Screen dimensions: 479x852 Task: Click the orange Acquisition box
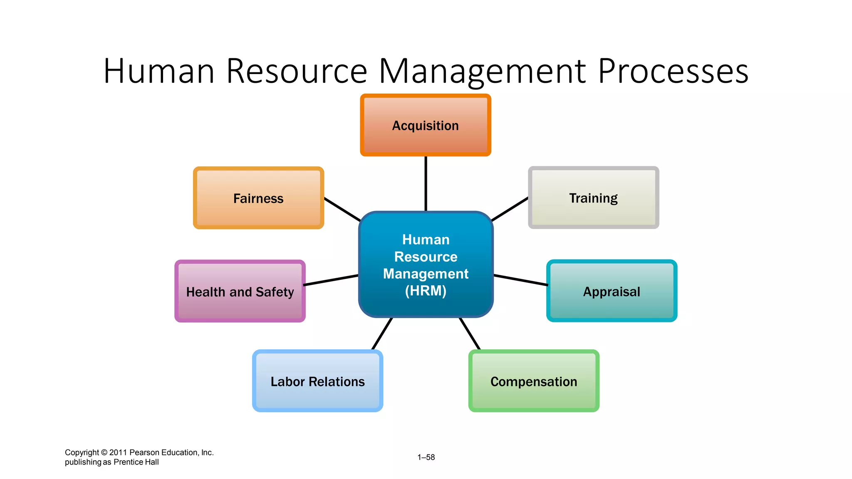425,125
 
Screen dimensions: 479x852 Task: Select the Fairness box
258,198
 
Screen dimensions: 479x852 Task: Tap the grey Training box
593,198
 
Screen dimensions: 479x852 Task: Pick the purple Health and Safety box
240,291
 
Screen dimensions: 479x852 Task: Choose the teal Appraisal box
612,291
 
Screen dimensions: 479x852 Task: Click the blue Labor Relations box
317,381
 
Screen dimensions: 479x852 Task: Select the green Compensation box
534,381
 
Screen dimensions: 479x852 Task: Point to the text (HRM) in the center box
426,291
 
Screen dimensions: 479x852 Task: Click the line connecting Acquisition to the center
426,183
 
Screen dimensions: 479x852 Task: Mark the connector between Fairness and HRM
342,209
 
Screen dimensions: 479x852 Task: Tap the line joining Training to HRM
510,209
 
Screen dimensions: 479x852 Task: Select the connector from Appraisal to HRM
520,280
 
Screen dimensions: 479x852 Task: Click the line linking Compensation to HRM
470,334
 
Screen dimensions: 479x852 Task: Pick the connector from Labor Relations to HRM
382,334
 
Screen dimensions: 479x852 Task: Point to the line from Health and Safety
331,280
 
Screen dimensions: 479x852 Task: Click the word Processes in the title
673,71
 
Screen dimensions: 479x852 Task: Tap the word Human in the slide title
159,71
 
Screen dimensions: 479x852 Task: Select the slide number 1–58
426,457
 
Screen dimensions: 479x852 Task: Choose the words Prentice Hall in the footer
136,462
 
